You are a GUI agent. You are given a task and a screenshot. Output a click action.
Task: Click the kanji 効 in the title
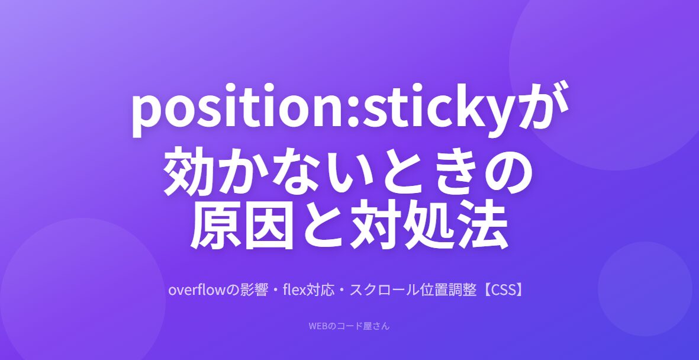189,171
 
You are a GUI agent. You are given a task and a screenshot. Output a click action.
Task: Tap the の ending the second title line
507,172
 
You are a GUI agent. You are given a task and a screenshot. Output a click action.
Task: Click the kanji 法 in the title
484,226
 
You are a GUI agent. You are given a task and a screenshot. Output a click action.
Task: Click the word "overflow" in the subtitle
198,290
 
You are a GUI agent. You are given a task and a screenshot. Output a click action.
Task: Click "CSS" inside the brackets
502,290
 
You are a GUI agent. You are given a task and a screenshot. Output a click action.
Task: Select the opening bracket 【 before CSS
484,290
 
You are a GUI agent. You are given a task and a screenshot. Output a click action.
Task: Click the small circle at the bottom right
645,288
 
